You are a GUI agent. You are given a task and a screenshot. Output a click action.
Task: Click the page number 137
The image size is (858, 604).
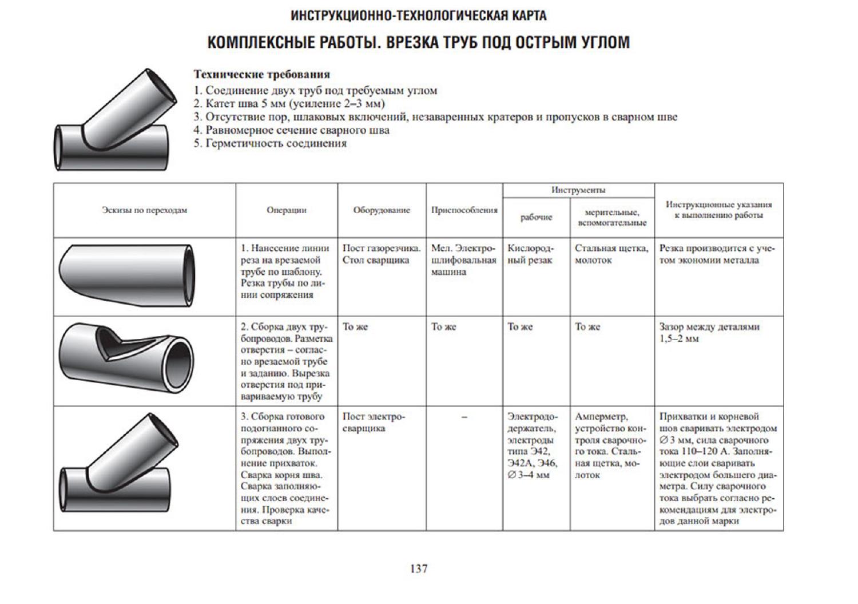(419, 569)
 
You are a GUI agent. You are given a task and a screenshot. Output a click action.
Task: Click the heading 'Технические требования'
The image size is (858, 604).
(261, 74)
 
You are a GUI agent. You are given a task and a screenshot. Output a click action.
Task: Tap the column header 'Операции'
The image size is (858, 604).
(287, 210)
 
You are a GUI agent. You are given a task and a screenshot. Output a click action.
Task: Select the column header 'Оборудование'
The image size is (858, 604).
(382, 210)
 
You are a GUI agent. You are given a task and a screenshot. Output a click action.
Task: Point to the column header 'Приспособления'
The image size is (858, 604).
(464, 210)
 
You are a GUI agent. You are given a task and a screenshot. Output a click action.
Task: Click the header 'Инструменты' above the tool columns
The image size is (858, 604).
(578, 190)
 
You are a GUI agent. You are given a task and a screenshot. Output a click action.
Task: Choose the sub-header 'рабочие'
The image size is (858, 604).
(536, 217)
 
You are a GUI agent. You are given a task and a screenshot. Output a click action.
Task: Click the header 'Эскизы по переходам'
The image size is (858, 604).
(144, 210)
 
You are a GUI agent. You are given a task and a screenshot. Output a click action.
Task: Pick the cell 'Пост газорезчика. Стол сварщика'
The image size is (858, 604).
(381, 254)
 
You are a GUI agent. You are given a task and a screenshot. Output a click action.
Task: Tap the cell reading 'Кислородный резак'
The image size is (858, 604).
(530, 254)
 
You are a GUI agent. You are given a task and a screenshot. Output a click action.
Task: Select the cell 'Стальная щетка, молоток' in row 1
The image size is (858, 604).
(611, 254)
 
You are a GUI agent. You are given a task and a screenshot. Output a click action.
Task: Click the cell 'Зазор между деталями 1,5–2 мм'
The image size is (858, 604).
(709, 333)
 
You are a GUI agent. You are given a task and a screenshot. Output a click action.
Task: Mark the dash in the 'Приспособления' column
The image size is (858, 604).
(464, 417)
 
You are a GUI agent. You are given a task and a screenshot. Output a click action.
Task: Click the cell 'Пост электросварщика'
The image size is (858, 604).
(374, 422)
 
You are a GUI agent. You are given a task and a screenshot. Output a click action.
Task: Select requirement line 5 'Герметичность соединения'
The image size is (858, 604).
(270, 143)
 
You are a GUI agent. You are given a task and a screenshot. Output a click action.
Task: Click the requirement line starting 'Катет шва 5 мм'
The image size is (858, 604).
(289, 103)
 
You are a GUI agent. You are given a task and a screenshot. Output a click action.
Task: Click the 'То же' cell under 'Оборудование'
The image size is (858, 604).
(355, 327)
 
